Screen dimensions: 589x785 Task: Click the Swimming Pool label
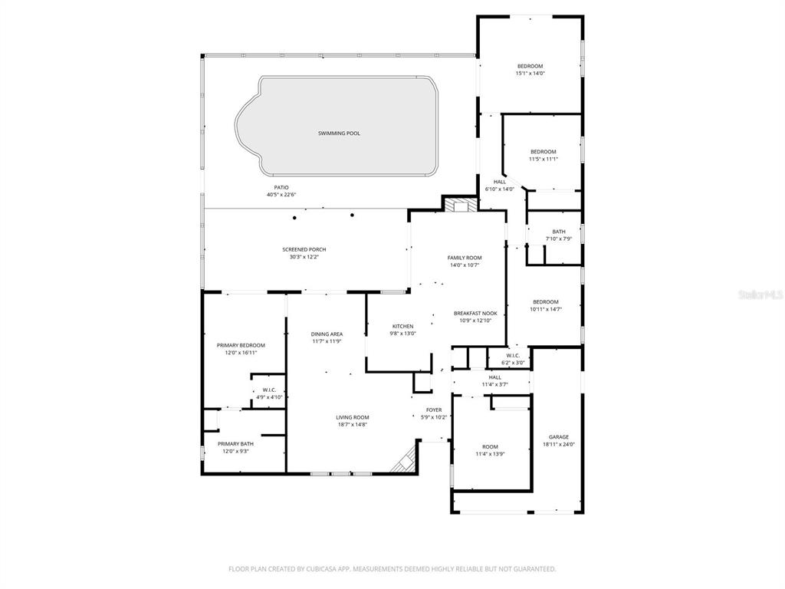click(339, 133)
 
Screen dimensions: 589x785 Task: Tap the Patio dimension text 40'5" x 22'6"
click(281, 195)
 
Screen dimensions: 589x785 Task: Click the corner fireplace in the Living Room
click(404, 460)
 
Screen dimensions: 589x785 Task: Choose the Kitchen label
click(402, 326)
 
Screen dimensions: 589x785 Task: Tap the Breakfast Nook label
click(475, 313)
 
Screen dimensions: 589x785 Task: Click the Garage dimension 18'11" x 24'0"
click(558, 444)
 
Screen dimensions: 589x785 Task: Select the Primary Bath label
click(235, 443)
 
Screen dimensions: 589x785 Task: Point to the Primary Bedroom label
click(240, 345)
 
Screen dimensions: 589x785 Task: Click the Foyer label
click(434, 410)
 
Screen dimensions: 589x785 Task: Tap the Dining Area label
click(327, 334)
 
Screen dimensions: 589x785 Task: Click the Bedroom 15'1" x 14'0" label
click(529, 67)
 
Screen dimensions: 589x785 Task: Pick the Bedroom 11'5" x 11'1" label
click(543, 152)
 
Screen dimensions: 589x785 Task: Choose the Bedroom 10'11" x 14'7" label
click(546, 302)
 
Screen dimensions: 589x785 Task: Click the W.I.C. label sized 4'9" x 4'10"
click(258, 390)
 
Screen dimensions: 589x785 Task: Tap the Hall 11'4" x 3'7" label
click(494, 377)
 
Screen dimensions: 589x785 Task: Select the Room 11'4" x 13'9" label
click(490, 446)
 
